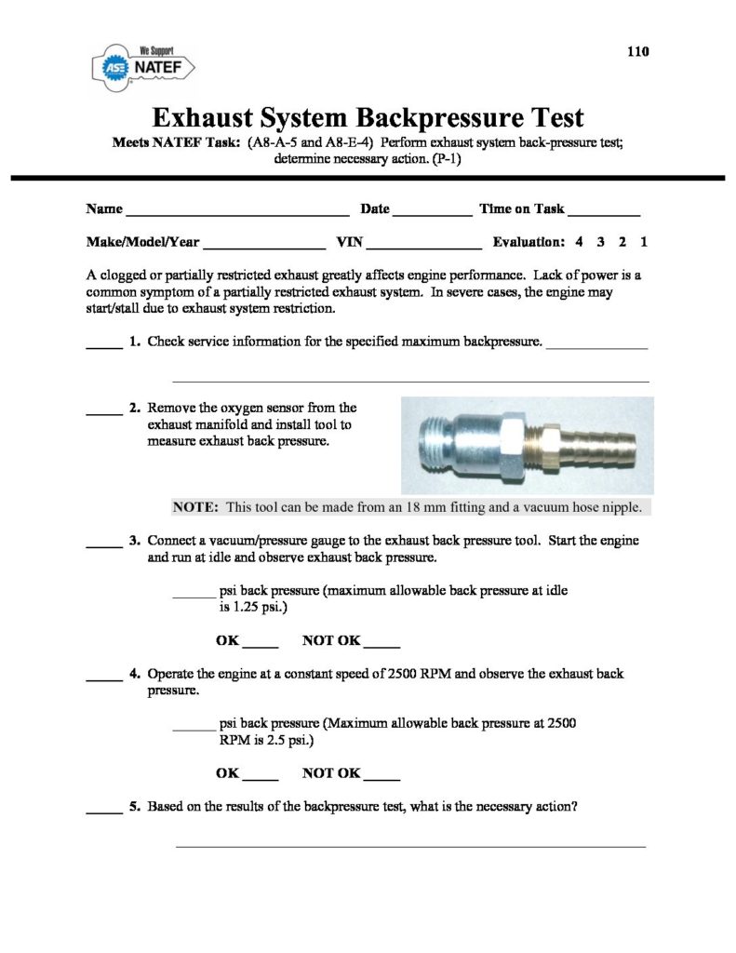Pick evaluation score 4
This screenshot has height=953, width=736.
point(579,242)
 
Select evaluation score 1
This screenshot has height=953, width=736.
point(644,242)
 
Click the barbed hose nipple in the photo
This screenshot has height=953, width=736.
point(595,443)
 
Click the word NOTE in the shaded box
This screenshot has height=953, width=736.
point(195,507)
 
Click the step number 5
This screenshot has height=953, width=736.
point(135,807)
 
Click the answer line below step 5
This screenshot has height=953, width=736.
point(410,846)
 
